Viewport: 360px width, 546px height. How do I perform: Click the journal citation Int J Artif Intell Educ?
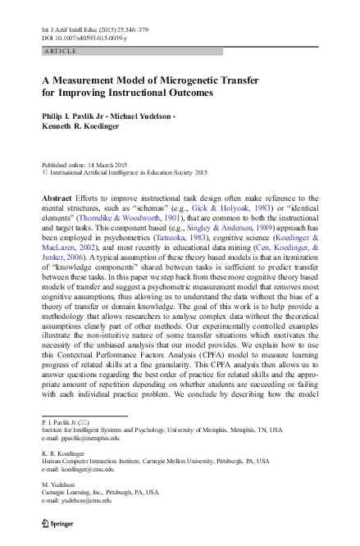click(x=75, y=30)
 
